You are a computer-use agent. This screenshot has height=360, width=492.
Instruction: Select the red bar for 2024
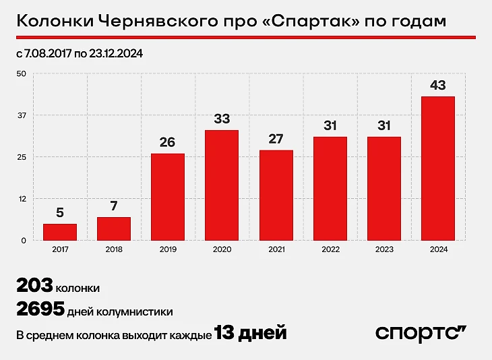(437, 168)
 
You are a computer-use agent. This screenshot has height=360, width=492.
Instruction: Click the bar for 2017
(60, 232)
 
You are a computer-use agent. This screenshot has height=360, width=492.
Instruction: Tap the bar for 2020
(222, 185)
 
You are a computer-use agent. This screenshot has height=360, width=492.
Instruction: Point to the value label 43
(437, 86)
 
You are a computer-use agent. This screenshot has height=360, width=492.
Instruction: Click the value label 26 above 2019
(168, 143)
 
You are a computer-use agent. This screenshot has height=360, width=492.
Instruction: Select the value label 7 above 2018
(114, 206)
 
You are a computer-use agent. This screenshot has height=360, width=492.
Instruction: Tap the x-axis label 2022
(330, 249)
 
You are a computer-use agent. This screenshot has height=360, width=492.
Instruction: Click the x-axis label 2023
(383, 249)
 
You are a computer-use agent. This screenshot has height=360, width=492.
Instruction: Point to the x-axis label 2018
(114, 249)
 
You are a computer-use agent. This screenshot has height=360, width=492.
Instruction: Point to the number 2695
(40, 309)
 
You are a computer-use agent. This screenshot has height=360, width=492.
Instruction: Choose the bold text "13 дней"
(251, 333)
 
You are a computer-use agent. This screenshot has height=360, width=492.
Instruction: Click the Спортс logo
(421, 333)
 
